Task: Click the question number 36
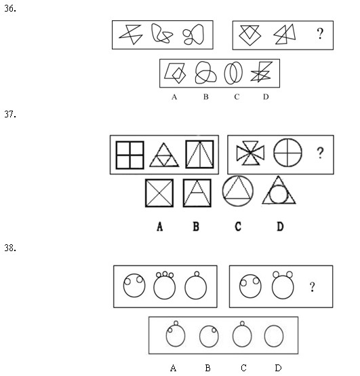(10, 9)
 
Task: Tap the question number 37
(10, 114)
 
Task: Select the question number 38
(10, 248)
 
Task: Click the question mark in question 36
(320, 33)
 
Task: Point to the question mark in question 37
(320, 153)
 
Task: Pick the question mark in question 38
(312, 287)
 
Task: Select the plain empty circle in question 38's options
(264, 336)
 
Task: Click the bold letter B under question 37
(196, 227)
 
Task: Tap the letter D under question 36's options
(266, 96)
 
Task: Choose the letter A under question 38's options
(173, 368)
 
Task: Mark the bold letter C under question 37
(238, 227)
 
